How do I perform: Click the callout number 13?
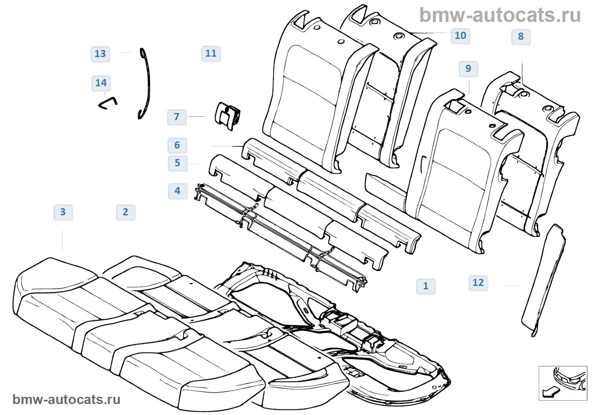[x=100, y=54]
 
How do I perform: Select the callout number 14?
[x=101, y=83]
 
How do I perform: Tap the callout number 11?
[x=211, y=54]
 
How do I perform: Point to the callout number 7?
[x=177, y=117]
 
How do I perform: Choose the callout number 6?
[x=177, y=146]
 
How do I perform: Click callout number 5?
[x=177, y=163]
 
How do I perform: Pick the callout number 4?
[x=178, y=191]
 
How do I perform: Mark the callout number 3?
[x=63, y=212]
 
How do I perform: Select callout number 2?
[x=126, y=212]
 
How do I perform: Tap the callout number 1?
[x=426, y=286]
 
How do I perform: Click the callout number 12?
[x=478, y=283]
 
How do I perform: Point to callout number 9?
[x=469, y=69]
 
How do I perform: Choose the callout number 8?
[x=521, y=37]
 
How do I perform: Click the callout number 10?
[x=460, y=36]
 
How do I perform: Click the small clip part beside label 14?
[x=107, y=103]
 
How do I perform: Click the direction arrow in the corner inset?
[x=551, y=392]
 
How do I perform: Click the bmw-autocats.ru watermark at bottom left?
[x=66, y=399]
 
